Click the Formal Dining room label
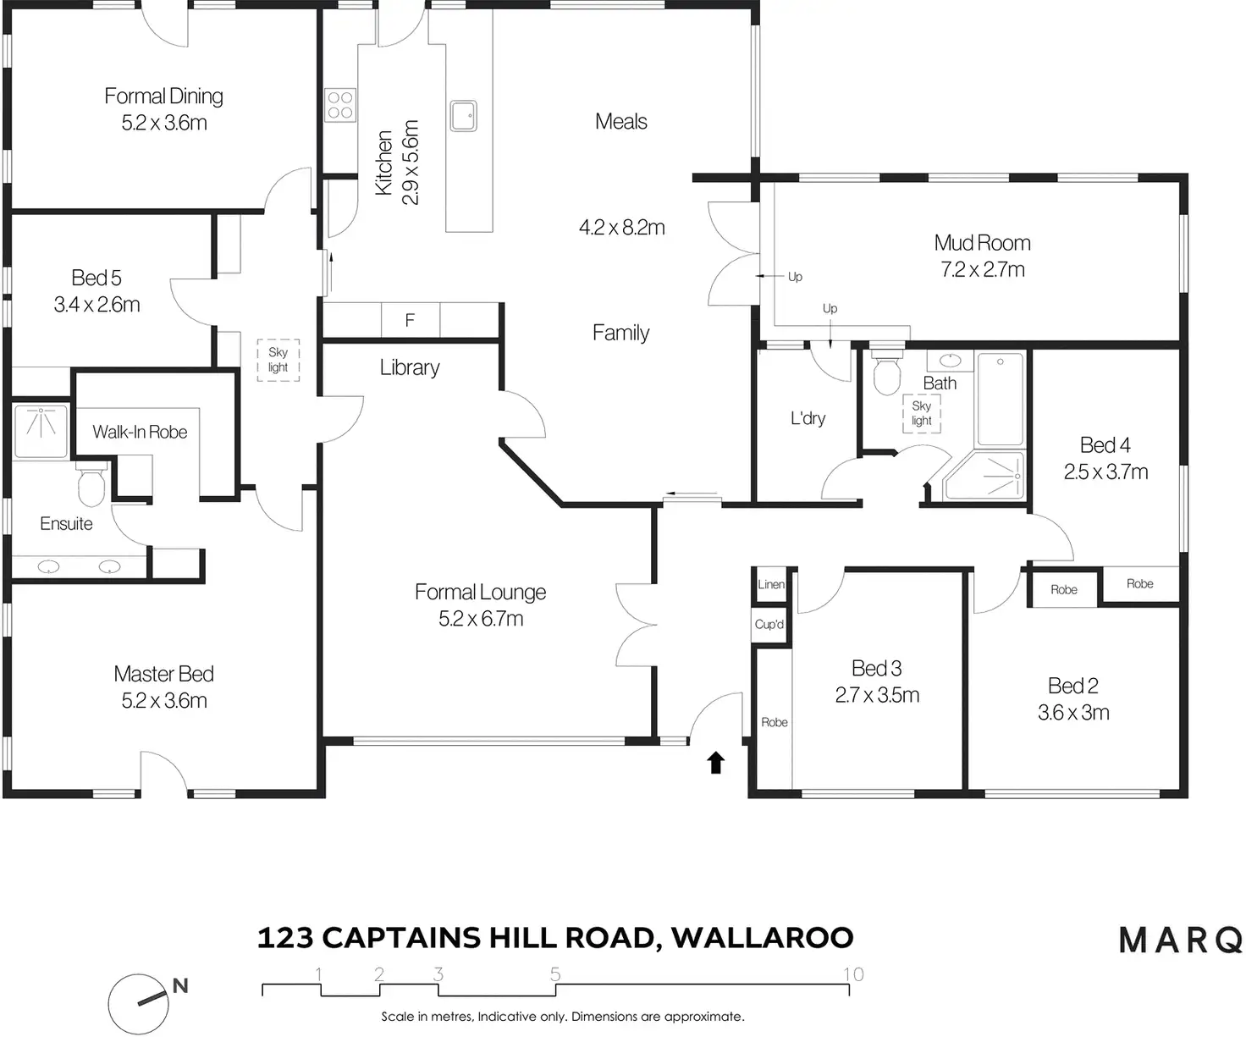point(163,97)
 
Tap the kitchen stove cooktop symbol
point(340,105)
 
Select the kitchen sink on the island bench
point(463,116)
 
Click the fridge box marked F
point(410,320)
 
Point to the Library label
point(409,367)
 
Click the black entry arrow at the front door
point(716,763)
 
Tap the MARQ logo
point(1181,940)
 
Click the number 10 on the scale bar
point(853,974)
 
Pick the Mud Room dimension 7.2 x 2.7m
point(982,269)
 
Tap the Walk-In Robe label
point(140,432)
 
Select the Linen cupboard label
point(771,584)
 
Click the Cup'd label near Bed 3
point(769,625)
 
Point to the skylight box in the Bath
point(921,414)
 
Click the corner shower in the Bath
point(987,477)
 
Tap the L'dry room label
point(808,418)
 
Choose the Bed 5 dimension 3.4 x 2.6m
point(96,305)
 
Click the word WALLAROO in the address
point(763,938)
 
